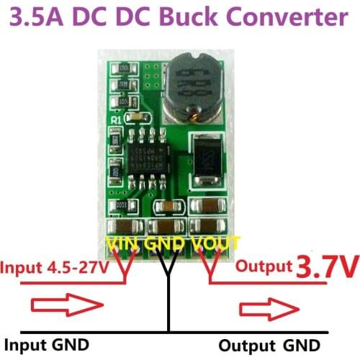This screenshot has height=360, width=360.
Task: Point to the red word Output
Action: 262,266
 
